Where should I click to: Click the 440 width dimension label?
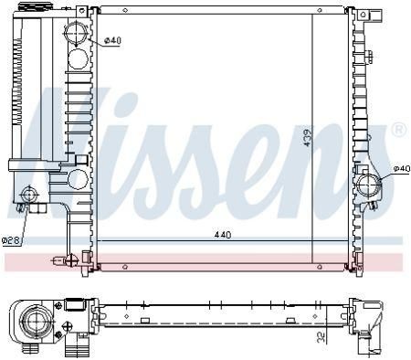tap(223, 235)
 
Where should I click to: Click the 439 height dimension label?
tap(308, 137)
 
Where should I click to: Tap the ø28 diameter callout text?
tap(11, 240)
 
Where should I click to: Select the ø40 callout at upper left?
tap(112, 40)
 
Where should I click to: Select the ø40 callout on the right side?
tap(402, 168)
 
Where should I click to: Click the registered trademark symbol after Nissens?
tap(399, 130)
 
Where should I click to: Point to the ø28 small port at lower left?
tap(28, 195)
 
